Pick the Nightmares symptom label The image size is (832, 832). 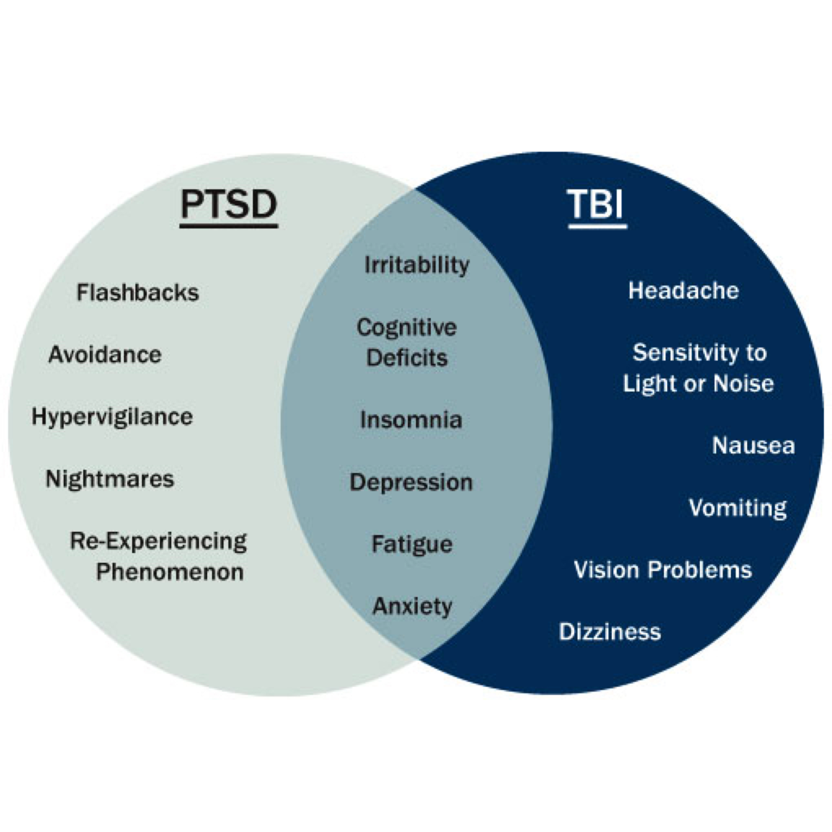(x=110, y=479)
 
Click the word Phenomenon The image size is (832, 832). (x=170, y=572)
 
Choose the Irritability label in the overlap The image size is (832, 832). (x=417, y=265)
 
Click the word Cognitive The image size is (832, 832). (x=407, y=328)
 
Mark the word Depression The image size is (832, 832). (x=411, y=482)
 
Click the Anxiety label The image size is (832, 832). (x=412, y=607)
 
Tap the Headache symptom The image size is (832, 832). (x=683, y=291)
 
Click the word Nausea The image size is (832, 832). (x=753, y=446)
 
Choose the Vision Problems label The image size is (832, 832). (x=663, y=570)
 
